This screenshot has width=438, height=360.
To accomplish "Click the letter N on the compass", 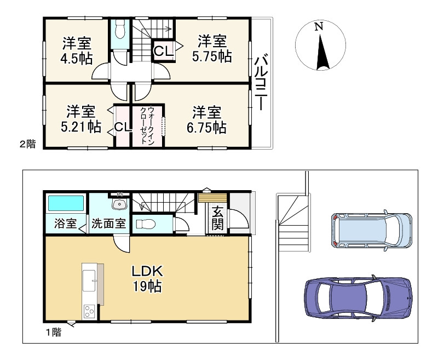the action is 319,26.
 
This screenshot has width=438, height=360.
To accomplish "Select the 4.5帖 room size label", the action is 77,59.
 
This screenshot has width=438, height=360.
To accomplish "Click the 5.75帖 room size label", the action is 212,56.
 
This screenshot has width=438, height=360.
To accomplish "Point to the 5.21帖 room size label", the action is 80,127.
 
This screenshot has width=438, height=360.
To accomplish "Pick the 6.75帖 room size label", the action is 206,127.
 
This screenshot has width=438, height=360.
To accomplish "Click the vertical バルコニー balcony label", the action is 262,83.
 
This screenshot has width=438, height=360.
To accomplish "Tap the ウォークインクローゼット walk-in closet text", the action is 147,125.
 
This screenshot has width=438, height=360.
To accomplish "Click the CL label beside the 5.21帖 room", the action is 123,128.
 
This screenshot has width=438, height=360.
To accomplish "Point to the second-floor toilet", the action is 120,29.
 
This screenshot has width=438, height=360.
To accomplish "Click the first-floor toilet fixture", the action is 146,224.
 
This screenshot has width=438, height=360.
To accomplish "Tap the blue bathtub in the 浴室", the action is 66,203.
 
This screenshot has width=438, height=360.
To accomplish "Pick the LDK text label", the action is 147,271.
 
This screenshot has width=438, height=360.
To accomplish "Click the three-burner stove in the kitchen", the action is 89,312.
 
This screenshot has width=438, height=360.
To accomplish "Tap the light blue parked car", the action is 372,231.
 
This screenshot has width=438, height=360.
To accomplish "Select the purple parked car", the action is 359,297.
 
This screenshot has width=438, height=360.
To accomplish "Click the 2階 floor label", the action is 27,144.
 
